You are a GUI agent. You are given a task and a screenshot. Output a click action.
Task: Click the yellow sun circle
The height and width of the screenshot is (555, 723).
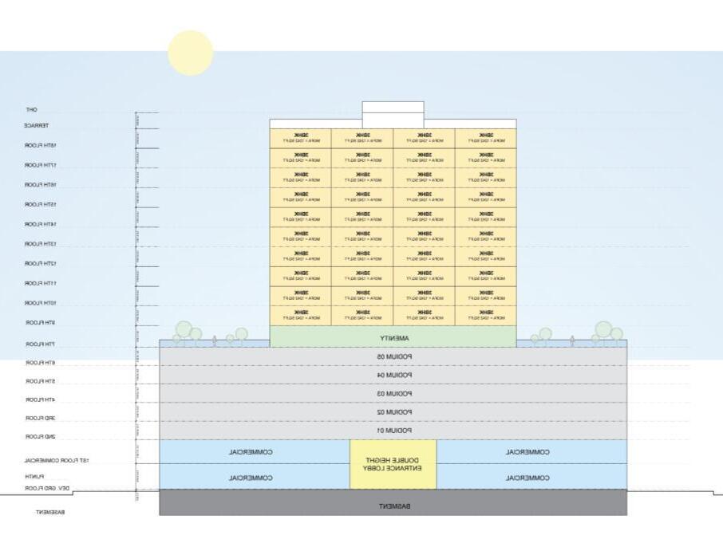click(191, 53)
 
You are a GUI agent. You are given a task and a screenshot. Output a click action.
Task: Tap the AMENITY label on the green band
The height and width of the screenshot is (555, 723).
click(393, 338)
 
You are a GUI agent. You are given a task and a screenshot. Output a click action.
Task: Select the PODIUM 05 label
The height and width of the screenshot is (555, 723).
click(393, 356)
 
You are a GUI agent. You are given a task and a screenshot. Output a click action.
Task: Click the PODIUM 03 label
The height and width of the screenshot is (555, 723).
click(393, 394)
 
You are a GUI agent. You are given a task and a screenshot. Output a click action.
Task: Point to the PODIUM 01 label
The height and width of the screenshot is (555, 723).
click(393, 431)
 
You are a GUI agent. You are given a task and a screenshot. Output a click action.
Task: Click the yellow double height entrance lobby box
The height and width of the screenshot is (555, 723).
click(393, 465)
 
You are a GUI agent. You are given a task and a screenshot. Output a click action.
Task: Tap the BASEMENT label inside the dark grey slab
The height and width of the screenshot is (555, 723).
click(393, 506)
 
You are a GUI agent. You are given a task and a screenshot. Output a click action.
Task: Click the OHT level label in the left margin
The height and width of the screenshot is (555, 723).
click(31, 109)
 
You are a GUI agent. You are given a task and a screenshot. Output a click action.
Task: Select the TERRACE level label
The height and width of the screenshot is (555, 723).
click(37, 125)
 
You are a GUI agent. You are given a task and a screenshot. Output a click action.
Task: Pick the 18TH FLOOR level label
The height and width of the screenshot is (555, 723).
click(40, 145)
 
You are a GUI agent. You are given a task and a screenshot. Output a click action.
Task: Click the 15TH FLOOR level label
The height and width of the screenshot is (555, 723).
click(40, 204)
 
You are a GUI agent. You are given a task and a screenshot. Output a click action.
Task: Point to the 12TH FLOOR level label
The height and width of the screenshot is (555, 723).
click(40, 263)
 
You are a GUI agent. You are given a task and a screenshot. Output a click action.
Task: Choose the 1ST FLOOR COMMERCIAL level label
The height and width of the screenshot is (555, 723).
click(56, 460)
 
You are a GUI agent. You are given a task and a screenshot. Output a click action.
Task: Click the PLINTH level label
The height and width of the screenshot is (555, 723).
click(34, 476)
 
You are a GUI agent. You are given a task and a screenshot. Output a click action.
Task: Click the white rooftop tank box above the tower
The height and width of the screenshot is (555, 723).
click(393, 111)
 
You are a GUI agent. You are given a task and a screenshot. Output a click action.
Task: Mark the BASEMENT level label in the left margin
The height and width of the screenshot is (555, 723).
click(50, 512)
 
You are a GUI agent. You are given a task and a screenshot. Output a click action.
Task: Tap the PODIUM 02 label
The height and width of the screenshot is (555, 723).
click(393, 412)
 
